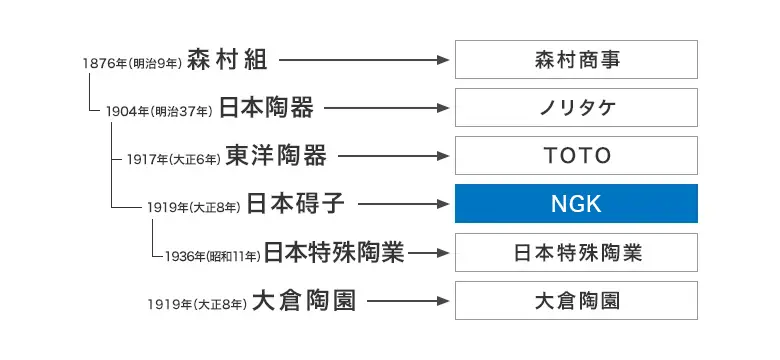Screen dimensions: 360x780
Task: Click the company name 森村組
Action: point(227,60)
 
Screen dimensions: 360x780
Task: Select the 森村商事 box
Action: point(576,60)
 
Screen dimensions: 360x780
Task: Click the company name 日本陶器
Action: point(266,107)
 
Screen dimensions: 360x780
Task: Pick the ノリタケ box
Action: point(576,107)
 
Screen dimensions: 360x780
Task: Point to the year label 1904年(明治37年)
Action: point(159,111)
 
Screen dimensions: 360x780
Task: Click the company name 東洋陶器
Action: point(276,155)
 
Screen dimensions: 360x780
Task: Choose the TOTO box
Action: point(576,155)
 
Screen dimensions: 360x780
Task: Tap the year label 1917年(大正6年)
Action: point(174,159)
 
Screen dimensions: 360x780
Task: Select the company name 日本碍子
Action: point(296,204)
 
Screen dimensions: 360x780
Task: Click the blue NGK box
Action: point(576,204)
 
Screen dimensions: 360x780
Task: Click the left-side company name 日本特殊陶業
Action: point(334,252)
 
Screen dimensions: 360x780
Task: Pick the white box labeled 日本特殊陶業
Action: point(576,252)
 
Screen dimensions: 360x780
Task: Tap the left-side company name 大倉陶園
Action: point(304,300)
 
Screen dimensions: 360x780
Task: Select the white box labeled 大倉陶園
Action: point(576,300)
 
